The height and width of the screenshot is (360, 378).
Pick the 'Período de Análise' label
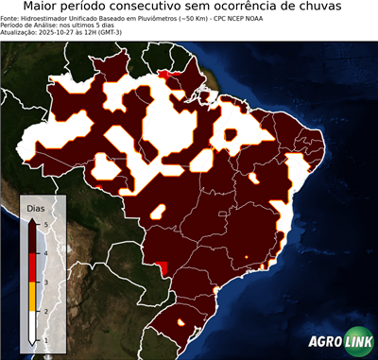coord(28,25)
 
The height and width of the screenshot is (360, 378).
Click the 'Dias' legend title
coord(36,207)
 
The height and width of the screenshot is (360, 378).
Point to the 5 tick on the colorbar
coord(45,225)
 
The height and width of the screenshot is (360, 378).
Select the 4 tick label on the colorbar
coord(45,253)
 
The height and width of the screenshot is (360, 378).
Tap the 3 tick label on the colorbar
coord(45,282)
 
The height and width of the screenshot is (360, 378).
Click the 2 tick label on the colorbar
coord(45,311)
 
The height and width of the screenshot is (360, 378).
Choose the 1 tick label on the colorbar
coord(45,339)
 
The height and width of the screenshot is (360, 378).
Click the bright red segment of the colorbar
coord(31,267)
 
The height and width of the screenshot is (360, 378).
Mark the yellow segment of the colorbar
coord(31,297)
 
